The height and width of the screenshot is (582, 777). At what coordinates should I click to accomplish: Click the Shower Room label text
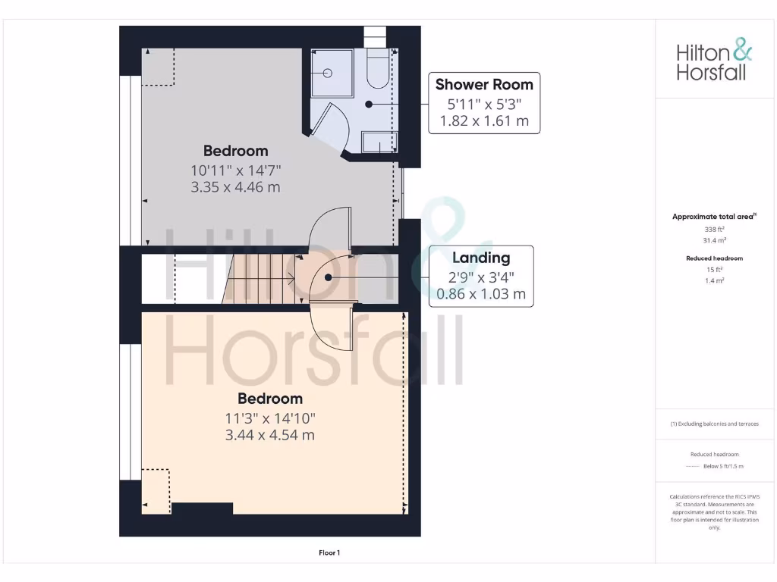coord(484,84)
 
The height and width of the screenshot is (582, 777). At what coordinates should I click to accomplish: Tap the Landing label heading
coord(481,258)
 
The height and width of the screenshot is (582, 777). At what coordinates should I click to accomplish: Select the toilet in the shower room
coord(376,70)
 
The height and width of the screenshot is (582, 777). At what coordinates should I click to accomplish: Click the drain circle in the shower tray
coord(328,74)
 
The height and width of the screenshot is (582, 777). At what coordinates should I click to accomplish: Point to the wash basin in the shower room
coord(379,142)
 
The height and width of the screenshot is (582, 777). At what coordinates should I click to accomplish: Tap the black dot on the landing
coord(329,277)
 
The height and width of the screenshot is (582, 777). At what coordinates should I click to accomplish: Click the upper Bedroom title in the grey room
coord(235,151)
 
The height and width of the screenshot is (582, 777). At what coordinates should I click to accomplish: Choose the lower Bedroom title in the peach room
coord(270,399)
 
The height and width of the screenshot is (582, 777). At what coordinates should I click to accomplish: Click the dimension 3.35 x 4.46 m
coord(235,186)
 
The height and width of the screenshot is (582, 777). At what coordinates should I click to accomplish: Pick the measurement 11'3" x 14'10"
coord(270,418)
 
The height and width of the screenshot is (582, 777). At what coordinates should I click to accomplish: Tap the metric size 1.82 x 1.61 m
coord(484,120)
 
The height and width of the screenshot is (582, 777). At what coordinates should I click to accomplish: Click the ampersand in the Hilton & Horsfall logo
coord(743,52)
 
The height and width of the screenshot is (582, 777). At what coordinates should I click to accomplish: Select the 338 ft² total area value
coord(713,228)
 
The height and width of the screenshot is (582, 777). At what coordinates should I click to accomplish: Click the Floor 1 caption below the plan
coord(329,553)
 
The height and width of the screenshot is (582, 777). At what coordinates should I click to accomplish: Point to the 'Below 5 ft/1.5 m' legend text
coord(723,466)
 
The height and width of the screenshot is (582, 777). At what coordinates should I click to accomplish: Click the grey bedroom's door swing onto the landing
coord(331,227)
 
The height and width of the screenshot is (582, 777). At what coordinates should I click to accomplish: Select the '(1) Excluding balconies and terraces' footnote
coord(714,424)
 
